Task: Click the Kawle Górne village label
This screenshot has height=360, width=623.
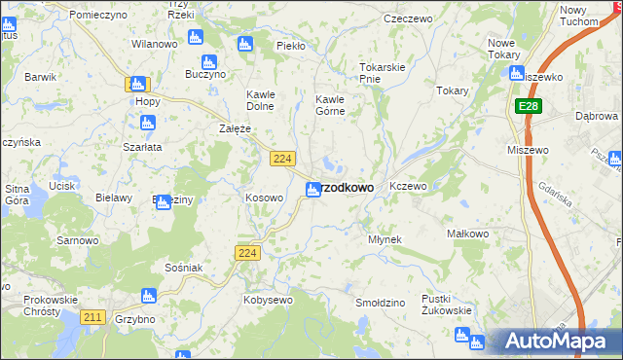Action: (x=331, y=105)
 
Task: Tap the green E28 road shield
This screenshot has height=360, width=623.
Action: (x=528, y=105)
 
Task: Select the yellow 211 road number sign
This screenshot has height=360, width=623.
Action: (x=93, y=317)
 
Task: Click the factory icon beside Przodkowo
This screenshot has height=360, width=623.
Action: (x=313, y=190)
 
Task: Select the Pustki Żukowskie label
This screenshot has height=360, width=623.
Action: (x=447, y=305)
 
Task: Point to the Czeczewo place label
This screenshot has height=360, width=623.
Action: (x=408, y=18)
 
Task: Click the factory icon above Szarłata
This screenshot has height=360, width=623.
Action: (x=148, y=124)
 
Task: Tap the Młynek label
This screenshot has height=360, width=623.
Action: (x=385, y=238)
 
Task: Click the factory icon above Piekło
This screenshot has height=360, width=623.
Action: (x=244, y=44)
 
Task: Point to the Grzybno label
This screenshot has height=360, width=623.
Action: (x=134, y=318)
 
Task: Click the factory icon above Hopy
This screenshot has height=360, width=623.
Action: (x=138, y=85)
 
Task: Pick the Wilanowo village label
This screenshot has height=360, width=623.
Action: (x=154, y=45)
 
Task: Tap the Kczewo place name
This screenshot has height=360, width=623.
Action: (x=408, y=186)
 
